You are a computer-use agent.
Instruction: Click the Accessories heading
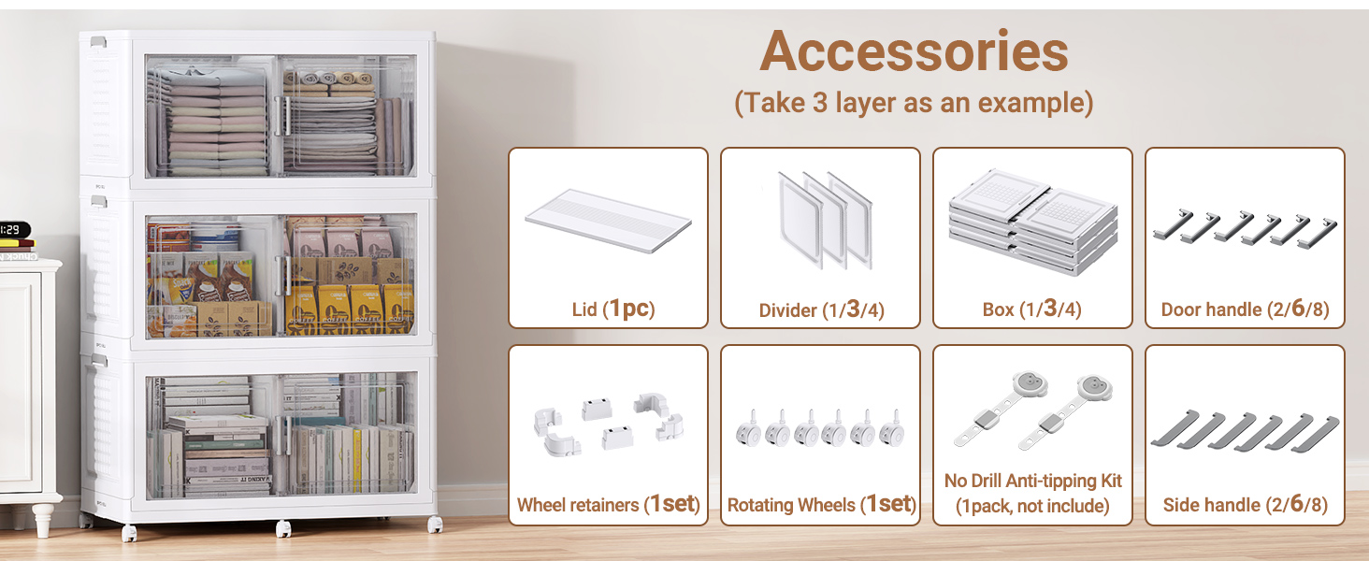tap(914, 52)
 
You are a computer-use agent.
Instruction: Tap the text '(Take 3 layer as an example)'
tap(914, 102)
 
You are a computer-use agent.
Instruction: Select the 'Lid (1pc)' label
tap(612, 309)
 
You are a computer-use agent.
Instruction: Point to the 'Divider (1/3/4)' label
tap(821, 310)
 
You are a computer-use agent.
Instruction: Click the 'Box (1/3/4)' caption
tap(1031, 309)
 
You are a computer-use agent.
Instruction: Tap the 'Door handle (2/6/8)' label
tap(1245, 309)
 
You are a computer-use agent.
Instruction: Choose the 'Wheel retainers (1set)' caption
tap(608, 505)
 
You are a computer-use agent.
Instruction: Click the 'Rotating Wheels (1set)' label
tap(821, 505)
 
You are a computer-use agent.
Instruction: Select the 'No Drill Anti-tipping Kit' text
tap(1032, 481)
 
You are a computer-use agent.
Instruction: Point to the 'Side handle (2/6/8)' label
tap(1245, 505)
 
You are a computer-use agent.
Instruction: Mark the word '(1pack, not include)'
tap(1032, 506)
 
